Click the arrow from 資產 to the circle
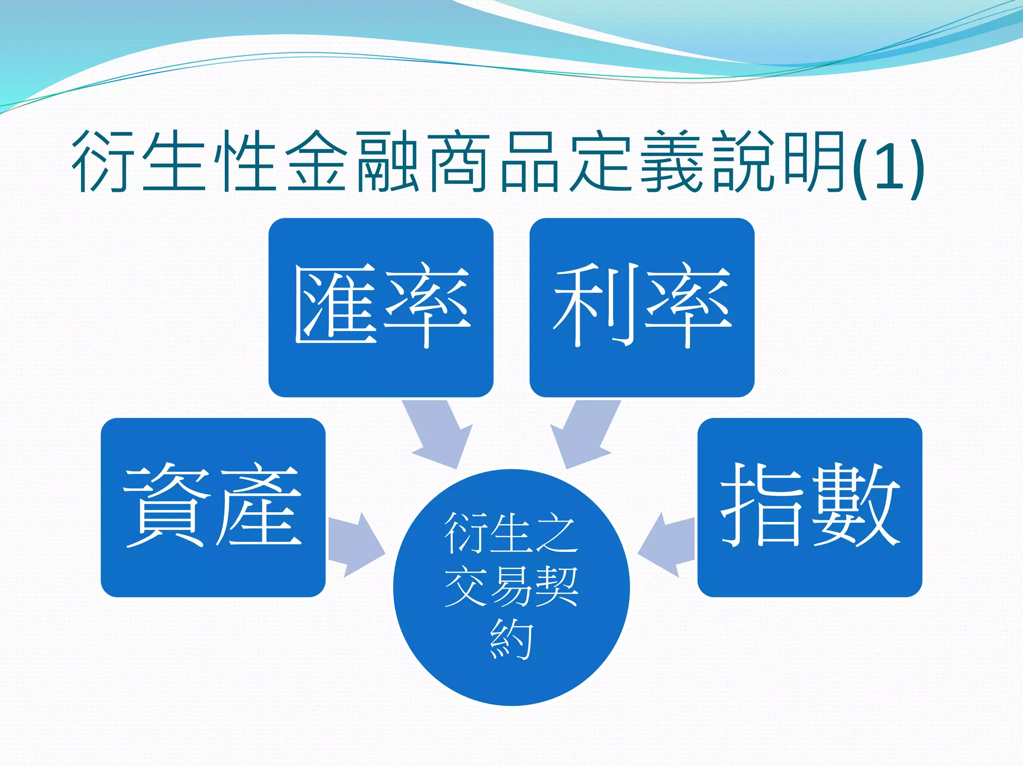click(x=356, y=545)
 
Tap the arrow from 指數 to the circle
click(x=667, y=545)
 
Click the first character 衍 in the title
click(x=102, y=161)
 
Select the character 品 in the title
click(x=529, y=161)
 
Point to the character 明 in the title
click(x=813, y=161)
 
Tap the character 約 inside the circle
click(x=511, y=639)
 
